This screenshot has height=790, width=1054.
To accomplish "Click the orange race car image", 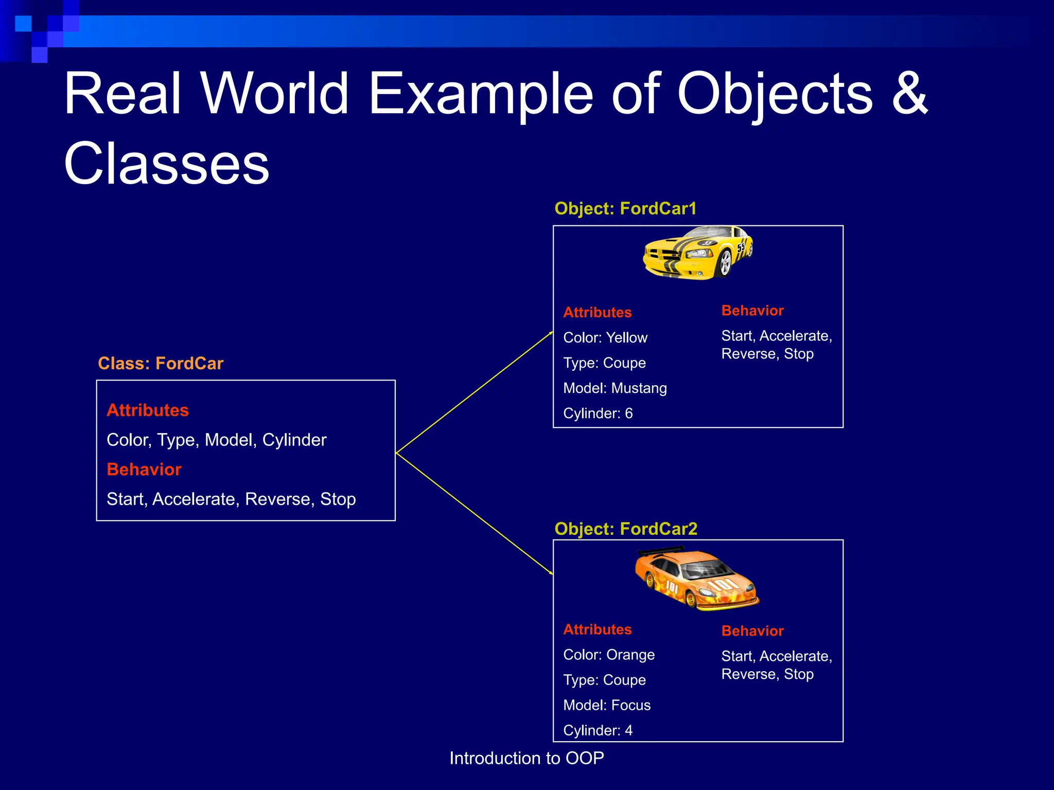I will [696, 580].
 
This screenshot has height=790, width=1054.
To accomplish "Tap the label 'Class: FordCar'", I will [161, 364].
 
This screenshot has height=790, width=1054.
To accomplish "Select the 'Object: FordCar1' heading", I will [625, 209].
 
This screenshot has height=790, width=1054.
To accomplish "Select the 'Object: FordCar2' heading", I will [626, 529].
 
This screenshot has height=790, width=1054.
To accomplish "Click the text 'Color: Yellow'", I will [605, 338].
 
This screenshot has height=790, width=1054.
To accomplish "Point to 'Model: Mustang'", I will [615, 388].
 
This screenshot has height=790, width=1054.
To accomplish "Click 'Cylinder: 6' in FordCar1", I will [598, 414].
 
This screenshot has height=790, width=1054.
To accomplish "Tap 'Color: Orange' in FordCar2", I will [609, 655].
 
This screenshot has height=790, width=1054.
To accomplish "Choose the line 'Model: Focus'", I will [607, 705].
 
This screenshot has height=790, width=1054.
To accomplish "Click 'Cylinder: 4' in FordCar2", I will [598, 730].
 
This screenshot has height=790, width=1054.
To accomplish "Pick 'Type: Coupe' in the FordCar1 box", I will [604, 363].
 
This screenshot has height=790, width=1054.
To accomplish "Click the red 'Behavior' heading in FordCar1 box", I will [752, 311].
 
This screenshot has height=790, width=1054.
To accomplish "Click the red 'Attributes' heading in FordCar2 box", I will [597, 630].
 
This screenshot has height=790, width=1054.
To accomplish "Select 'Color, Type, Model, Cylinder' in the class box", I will [216, 440].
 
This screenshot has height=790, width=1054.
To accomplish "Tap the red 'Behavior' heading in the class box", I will [144, 470].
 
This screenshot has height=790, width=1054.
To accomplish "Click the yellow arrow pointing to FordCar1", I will [473, 393].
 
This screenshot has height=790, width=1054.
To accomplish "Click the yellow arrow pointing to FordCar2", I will [473, 513].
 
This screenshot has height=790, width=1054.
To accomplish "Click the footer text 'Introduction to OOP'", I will [526, 758].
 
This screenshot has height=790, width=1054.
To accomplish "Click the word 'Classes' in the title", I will [166, 164].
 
